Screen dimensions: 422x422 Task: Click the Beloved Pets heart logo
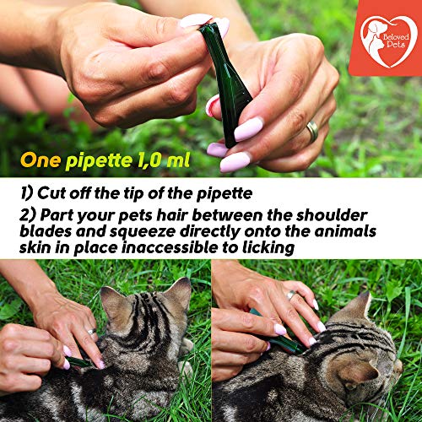point(388,41)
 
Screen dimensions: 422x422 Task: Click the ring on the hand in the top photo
point(312,132)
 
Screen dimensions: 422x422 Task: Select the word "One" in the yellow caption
point(41,160)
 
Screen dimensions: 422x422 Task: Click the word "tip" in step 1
point(135,194)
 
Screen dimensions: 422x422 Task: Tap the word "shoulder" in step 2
point(331,215)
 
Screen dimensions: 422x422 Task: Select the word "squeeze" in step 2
point(143,232)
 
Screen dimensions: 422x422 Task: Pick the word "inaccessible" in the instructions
point(171,247)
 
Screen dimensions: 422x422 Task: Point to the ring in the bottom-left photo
point(91,332)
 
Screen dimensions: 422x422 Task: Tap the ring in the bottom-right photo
point(291,295)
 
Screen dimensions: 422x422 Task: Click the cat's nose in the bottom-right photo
point(399,365)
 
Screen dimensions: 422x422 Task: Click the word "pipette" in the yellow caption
point(99,161)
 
